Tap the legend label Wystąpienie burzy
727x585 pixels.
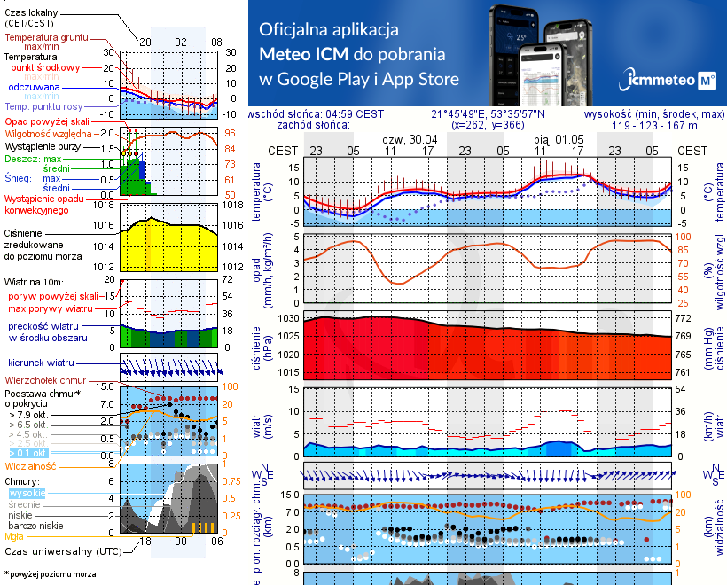point(43,144)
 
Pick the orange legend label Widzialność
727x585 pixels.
point(31,464)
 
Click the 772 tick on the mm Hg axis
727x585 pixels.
point(684,317)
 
